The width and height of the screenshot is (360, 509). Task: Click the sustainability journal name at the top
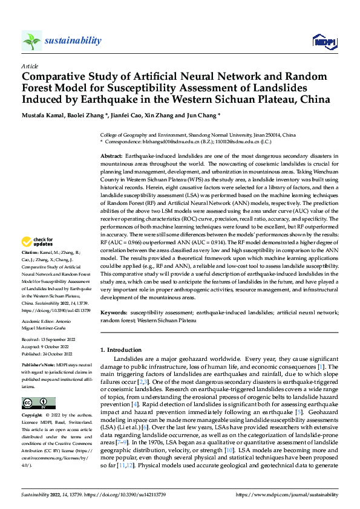(x=73, y=41)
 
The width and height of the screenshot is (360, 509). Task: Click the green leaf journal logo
(x=31, y=41)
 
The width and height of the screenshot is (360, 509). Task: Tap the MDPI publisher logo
(x=324, y=41)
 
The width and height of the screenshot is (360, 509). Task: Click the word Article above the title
(x=30, y=66)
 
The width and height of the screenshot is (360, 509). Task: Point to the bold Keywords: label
(x=114, y=312)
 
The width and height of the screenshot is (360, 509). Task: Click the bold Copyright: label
(x=33, y=417)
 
